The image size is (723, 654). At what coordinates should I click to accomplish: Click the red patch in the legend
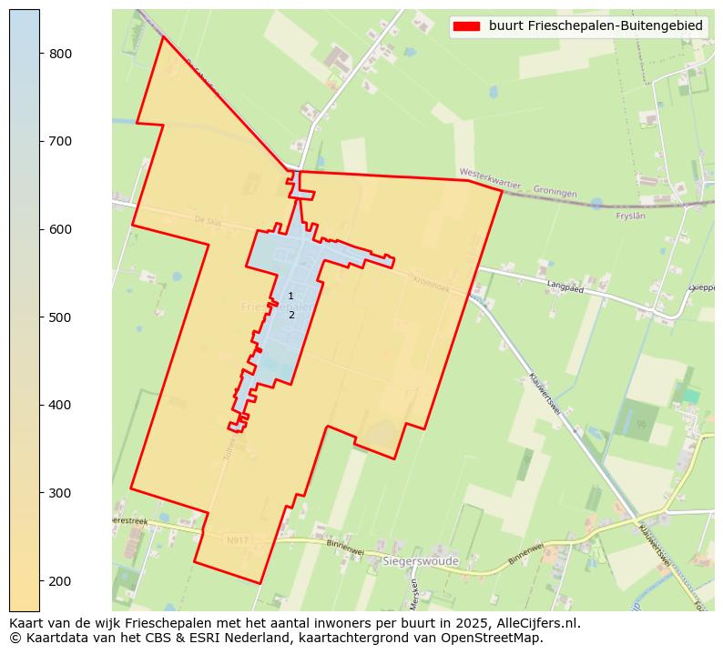point(467,26)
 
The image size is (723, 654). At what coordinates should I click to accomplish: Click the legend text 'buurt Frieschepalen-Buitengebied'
point(596,26)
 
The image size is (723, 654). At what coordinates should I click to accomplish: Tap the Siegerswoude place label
point(421,561)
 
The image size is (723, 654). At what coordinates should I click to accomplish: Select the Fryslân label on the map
point(630,216)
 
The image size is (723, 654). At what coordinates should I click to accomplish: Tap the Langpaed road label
point(565,287)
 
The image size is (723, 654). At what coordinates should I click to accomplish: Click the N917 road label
point(237,540)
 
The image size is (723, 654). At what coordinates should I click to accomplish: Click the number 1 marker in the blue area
point(290,297)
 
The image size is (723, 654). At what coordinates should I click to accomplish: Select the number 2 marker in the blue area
point(291,316)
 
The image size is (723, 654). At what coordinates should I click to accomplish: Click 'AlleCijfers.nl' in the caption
point(535,623)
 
